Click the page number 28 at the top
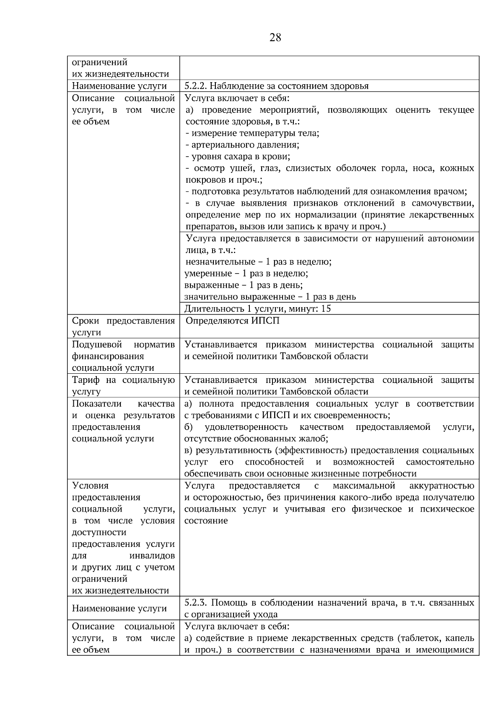point(275,38)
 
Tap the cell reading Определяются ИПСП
point(232,321)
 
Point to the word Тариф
point(86,380)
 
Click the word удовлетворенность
point(246,427)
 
